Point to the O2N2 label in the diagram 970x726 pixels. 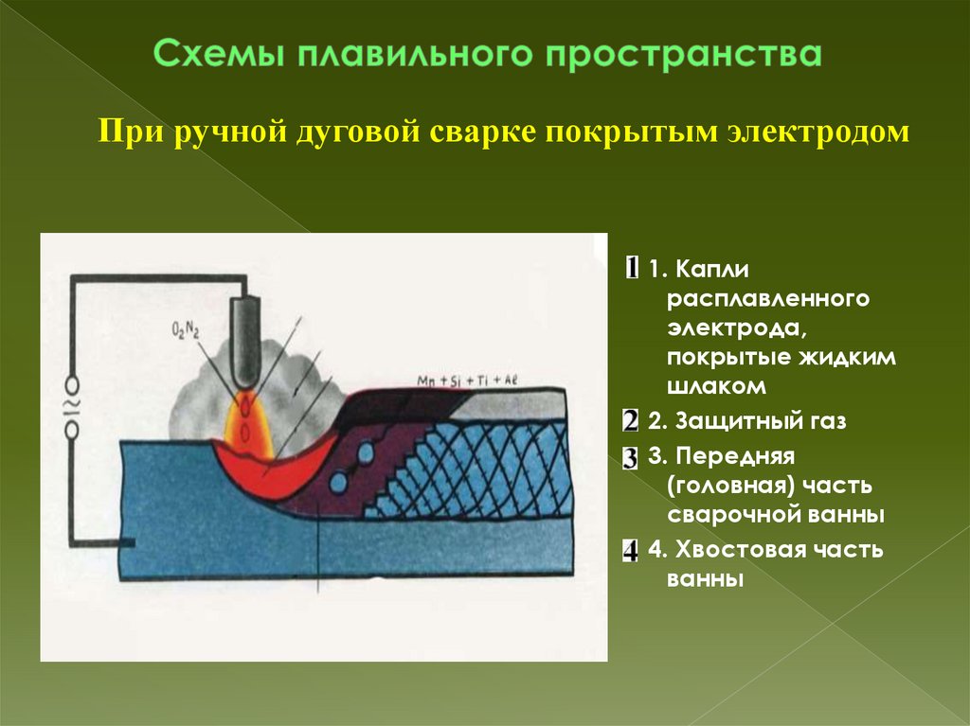(187, 329)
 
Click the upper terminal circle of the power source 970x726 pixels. (72, 385)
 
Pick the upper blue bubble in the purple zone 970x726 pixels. (365, 454)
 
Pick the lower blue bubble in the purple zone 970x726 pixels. (338, 481)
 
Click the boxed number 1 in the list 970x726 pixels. (632, 267)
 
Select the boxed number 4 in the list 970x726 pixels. (631, 552)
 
